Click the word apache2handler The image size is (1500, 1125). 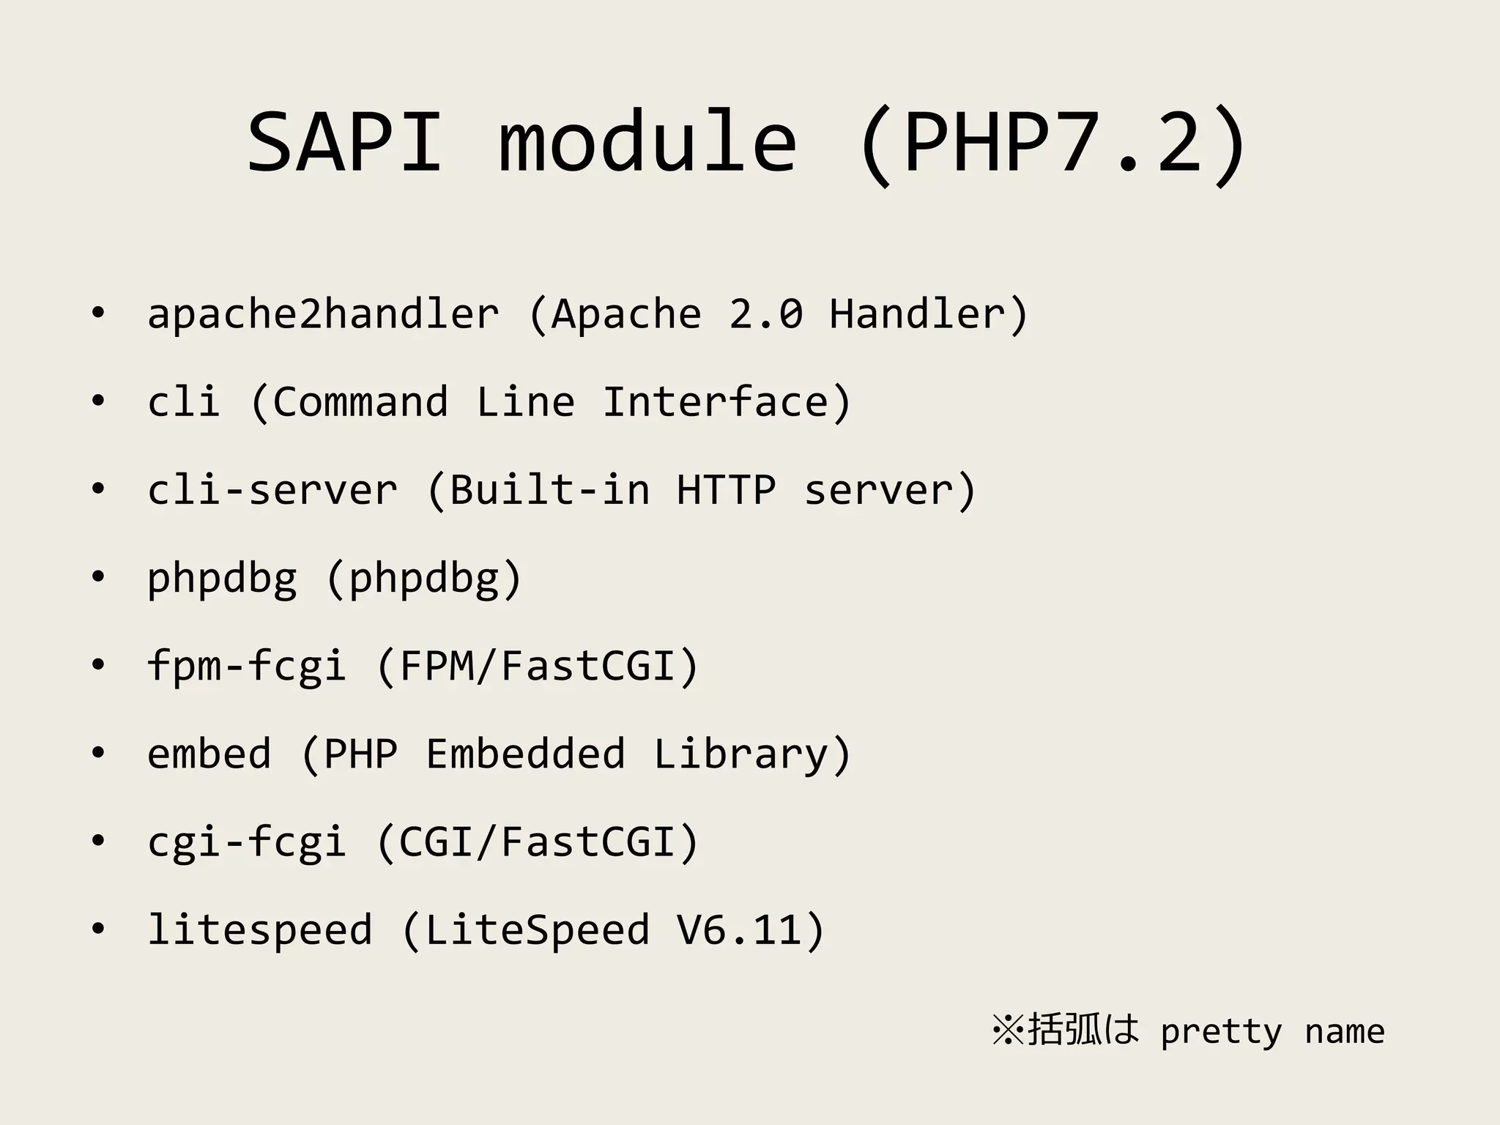323,314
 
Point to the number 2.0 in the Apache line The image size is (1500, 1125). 766,314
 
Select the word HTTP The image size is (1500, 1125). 726,490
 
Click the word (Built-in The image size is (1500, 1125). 538,490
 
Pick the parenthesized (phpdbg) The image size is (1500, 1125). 423,579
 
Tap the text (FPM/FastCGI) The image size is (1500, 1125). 538,667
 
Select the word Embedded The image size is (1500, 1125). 525,754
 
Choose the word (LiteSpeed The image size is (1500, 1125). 525,930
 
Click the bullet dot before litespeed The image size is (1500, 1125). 98,929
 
